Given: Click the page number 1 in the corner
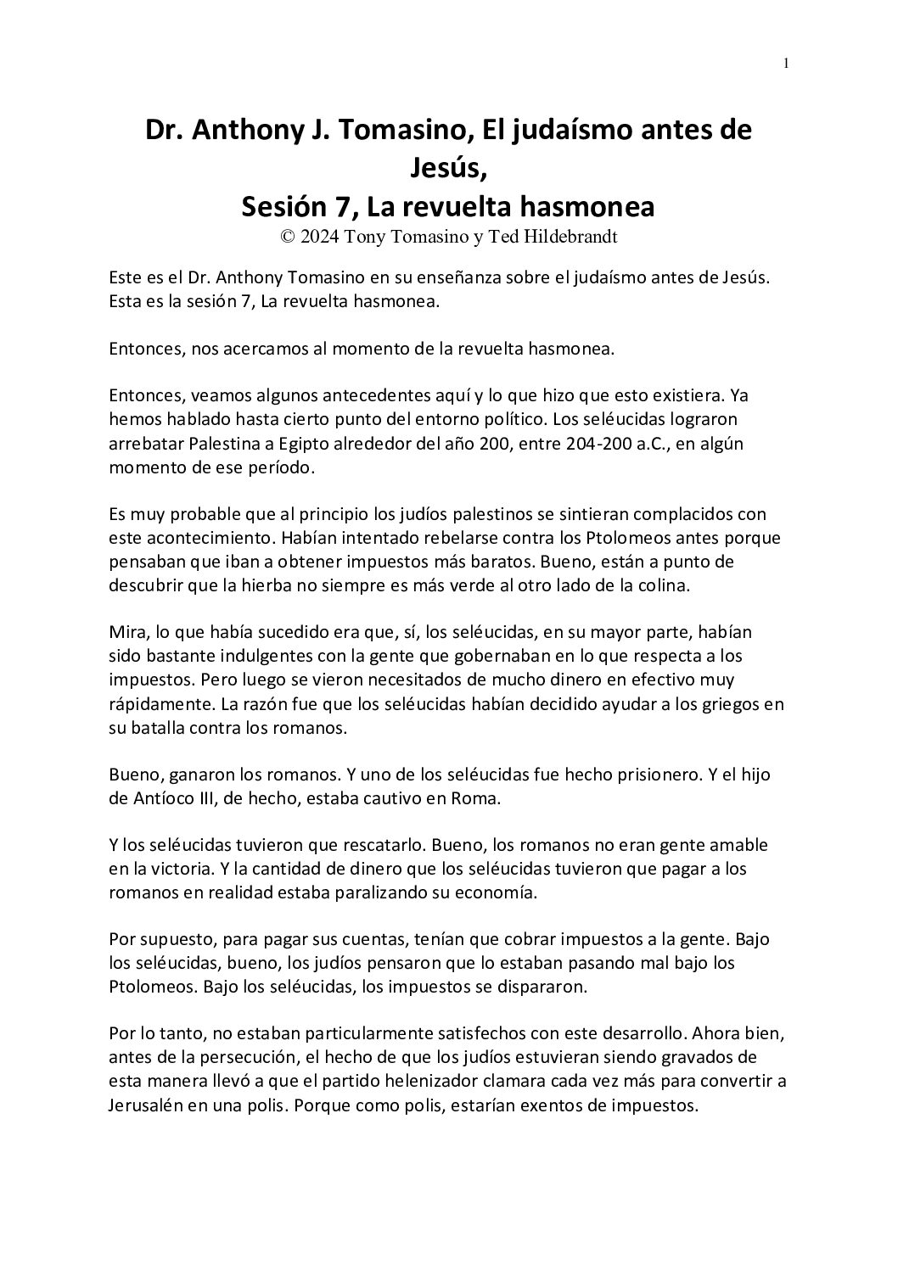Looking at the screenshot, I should (x=787, y=63).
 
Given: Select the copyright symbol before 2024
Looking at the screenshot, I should (x=289, y=237).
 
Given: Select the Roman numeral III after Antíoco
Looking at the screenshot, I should (x=205, y=798).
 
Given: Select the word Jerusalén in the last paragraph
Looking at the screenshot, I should (x=147, y=1106).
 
